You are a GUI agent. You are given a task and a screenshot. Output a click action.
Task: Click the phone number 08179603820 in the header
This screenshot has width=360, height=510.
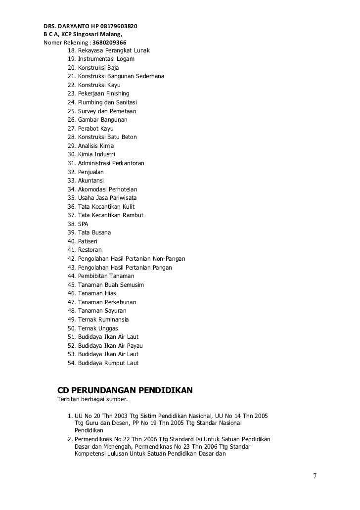pyautogui.click(x=117, y=25)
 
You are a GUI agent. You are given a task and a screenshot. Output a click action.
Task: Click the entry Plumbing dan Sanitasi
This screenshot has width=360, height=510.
pyautogui.click(x=104, y=102)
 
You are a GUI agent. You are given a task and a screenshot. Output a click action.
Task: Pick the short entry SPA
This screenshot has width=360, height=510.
pyautogui.click(x=83, y=224)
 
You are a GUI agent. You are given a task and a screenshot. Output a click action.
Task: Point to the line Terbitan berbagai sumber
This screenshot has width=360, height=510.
pyautogui.click(x=92, y=399)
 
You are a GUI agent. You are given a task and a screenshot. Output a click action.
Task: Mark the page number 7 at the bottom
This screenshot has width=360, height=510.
pyautogui.click(x=315, y=476)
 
